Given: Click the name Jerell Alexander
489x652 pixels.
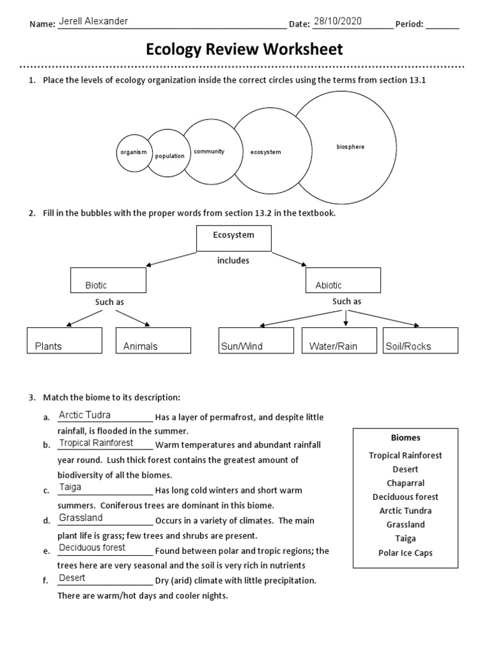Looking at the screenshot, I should pyautogui.click(x=93, y=21).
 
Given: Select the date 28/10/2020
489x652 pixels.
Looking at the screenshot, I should pyautogui.click(x=337, y=21).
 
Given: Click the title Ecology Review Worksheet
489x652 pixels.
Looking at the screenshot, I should pyautogui.click(x=244, y=49).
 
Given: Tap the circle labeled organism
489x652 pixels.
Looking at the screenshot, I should pyautogui.click(x=134, y=152).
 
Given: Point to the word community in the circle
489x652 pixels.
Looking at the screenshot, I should pyautogui.click(x=209, y=152).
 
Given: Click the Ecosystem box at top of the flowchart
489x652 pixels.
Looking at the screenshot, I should pyautogui.click(x=234, y=238).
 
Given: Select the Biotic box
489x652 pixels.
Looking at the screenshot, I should pyautogui.click(x=108, y=280).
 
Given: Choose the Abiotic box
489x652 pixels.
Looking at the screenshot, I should pyautogui.click(x=343, y=280).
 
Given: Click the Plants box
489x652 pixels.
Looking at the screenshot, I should pyautogui.click(x=64, y=340).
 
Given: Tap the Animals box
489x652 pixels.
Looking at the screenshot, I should pyautogui.click(x=153, y=340).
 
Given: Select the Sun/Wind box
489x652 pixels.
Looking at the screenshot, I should pyautogui.click(x=256, y=340).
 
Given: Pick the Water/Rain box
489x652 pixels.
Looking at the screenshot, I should pyautogui.click(x=338, y=340).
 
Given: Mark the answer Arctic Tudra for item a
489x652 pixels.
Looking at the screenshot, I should pyautogui.click(x=85, y=415).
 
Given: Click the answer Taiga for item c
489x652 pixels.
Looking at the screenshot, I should pyautogui.click(x=70, y=487).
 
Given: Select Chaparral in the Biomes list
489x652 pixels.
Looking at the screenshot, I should pyautogui.click(x=405, y=483).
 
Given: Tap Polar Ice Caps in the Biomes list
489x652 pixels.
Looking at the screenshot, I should pyautogui.click(x=405, y=553).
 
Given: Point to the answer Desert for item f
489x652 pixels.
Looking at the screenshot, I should pyautogui.click(x=72, y=578).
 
